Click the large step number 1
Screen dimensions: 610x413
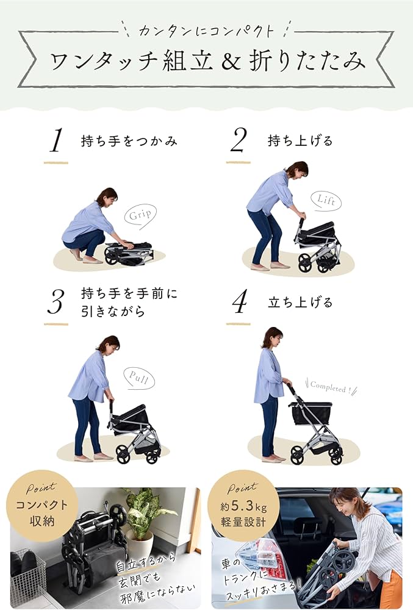point(56,142)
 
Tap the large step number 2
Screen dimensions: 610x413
point(239,141)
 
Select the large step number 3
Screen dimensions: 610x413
point(56,302)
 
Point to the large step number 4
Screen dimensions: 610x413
point(239,302)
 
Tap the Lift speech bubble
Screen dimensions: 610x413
point(325,200)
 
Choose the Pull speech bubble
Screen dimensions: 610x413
point(138,378)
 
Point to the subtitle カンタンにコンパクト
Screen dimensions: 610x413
point(206,30)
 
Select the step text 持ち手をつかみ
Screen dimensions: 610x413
point(129,141)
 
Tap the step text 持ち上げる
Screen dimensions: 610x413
point(300,141)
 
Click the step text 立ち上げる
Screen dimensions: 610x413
point(300,302)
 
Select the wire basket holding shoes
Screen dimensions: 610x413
point(27,576)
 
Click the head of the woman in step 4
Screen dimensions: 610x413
point(272,337)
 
